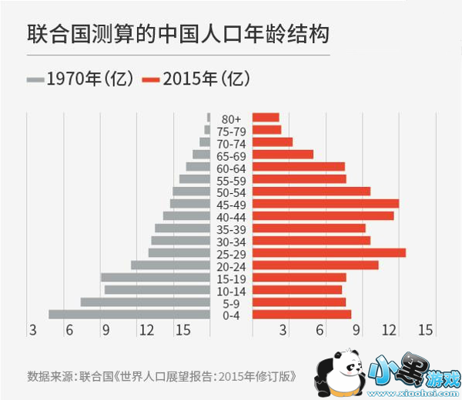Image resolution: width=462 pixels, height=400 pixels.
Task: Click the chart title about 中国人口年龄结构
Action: click(178, 35)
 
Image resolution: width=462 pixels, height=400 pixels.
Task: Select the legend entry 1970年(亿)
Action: click(80, 78)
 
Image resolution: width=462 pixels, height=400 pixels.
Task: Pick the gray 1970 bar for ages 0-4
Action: click(129, 314)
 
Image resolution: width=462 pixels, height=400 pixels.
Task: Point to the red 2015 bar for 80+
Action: click(266, 118)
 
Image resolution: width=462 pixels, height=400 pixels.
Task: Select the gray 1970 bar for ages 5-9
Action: click(145, 302)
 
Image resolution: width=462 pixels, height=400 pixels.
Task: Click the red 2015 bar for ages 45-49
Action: click(325, 203)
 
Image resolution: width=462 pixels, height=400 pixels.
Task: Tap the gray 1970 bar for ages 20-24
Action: click(170, 265)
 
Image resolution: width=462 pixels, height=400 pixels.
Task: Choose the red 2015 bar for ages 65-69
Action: click(283, 154)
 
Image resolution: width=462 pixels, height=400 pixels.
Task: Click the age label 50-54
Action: click(231, 192)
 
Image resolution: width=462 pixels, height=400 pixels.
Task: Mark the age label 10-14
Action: click(231, 290)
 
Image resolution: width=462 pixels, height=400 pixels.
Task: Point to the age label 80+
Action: click(231, 118)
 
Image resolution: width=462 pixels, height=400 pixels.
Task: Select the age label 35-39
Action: click(231, 228)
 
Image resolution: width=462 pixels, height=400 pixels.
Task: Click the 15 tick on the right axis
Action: click(424, 331)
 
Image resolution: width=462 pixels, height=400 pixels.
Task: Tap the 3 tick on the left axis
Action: click(32, 331)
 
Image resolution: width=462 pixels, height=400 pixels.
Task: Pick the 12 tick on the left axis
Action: click(145, 331)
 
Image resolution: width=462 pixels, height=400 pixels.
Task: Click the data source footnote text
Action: click(162, 377)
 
